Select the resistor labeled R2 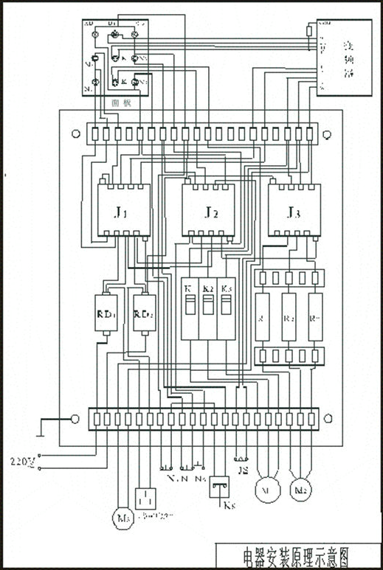(289, 317)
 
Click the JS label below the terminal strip (242, 468)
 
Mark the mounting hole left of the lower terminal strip (75, 418)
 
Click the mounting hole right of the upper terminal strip (327, 134)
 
